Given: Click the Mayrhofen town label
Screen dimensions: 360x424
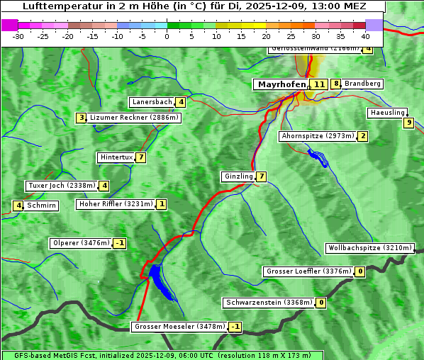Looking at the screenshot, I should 280,84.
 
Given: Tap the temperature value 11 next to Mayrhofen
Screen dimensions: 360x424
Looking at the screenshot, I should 319,84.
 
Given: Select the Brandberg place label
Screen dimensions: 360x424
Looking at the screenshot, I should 362,84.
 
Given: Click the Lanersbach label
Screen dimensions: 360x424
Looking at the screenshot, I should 152,102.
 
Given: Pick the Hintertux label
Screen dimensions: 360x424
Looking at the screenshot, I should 116,157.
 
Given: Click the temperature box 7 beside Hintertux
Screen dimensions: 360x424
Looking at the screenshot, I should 141,157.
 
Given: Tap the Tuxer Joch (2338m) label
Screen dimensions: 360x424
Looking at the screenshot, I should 62,186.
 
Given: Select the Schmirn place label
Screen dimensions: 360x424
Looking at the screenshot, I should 42,206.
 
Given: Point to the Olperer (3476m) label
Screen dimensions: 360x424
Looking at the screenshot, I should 80,243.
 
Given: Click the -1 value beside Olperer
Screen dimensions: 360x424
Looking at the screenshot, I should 119,243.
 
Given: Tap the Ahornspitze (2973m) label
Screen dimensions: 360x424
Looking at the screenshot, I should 317,135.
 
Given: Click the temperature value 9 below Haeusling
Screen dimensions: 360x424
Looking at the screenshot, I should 408,123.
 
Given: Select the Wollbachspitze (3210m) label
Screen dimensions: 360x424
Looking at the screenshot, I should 369,248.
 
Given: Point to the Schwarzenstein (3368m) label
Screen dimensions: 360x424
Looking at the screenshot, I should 269,303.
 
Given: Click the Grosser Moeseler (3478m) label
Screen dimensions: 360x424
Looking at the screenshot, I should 179,327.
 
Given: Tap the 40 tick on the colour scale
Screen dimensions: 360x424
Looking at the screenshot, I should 365,36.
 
